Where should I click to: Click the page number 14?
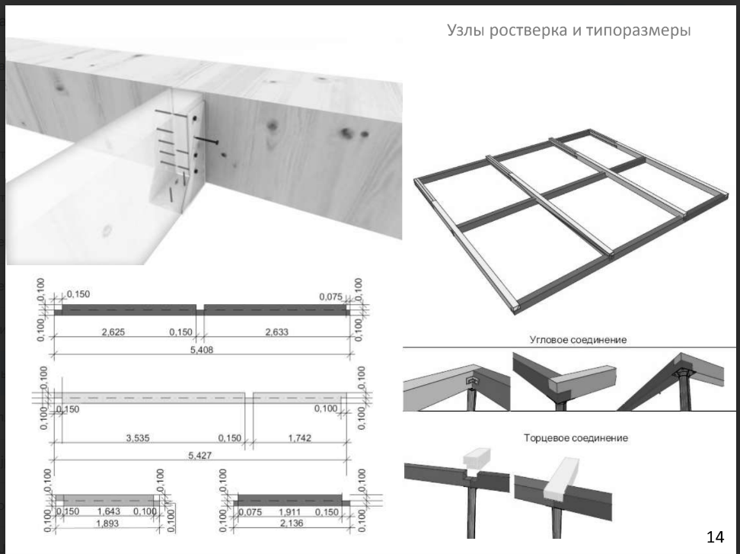coord(715,536)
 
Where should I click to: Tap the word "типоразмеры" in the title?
coord(639,30)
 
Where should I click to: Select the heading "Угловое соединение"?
coord(578,340)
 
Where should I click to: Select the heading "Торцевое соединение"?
coord(576,438)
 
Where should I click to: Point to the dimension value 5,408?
coord(202,350)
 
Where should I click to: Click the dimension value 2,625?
coord(113,331)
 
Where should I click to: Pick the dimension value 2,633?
coord(276,331)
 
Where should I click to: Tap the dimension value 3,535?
coord(138,438)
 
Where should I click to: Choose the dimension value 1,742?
coord(300,438)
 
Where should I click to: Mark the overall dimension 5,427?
coord(199,455)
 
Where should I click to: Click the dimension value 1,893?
coord(107,524)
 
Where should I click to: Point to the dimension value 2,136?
coord(292,523)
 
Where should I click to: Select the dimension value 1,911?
coord(289,512)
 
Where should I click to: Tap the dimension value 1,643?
coord(109,511)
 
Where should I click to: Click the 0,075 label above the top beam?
coord(331,296)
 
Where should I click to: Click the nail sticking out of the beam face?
coord(206,139)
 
